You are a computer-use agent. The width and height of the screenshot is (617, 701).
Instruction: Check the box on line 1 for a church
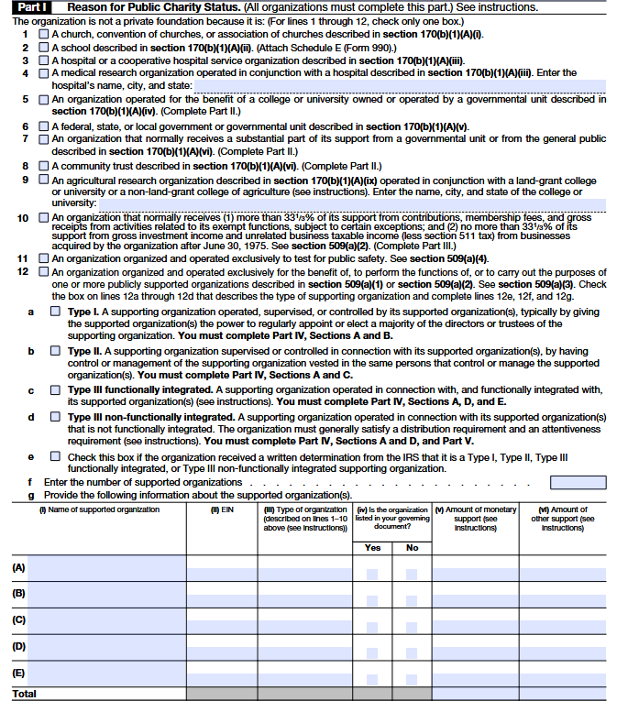[x=44, y=34]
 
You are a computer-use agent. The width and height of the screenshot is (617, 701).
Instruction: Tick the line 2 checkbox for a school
[x=44, y=47]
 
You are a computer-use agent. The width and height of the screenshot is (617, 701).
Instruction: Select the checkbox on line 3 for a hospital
[x=44, y=60]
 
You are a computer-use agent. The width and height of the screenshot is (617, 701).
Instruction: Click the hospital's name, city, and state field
[x=400, y=85]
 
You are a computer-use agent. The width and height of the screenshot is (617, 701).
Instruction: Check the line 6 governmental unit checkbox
[x=44, y=126]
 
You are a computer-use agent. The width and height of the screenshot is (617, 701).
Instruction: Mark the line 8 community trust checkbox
[x=44, y=166]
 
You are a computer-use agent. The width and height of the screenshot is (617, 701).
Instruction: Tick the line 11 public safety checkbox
[x=44, y=259]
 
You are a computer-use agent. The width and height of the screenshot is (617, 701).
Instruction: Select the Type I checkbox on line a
[x=56, y=312]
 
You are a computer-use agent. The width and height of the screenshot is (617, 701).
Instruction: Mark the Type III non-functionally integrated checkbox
[x=56, y=418]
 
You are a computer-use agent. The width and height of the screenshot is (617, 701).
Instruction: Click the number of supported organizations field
[x=578, y=482]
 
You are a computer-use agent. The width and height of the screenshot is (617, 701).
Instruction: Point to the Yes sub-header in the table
[x=372, y=547]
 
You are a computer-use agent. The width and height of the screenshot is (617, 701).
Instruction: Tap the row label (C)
[x=18, y=619]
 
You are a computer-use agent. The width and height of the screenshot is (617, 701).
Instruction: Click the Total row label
[x=24, y=694]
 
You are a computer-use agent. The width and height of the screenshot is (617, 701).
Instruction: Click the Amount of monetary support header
[x=475, y=518]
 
